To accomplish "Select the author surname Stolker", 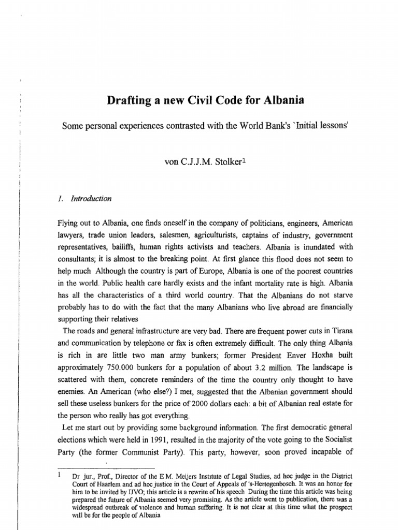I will click(220, 161).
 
